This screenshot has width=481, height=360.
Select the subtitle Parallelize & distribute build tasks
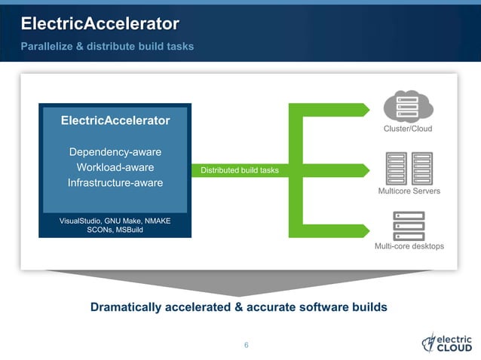(x=107, y=47)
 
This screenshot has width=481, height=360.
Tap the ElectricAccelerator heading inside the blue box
(x=115, y=121)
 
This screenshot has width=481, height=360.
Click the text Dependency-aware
(x=115, y=152)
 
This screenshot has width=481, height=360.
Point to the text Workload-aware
(x=115, y=167)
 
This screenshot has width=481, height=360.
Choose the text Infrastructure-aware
(x=115, y=183)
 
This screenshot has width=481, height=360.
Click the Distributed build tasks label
(x=239, y=171)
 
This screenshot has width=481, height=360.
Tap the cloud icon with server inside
(x=409, y=105)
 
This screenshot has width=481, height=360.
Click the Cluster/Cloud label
(x=408, y=129)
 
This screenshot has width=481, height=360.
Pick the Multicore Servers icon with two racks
(x=409, y=168)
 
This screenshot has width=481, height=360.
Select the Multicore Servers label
(x=409, y=191)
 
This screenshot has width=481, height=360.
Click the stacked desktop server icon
(x=409, y=224)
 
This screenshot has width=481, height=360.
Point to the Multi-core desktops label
(x=409, y=246)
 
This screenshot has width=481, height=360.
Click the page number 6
(x=246, y=346)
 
